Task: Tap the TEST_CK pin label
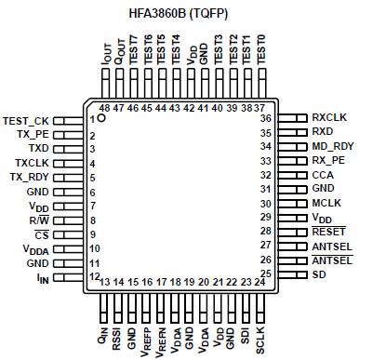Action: coord(26,120)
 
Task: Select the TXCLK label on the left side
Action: coord(32,162)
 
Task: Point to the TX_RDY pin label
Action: coord(29,176)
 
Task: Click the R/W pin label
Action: coord(39,220)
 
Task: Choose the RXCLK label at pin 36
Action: coord(330,117)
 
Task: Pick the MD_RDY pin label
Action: coord(332,146)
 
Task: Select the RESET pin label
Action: coord(328,231)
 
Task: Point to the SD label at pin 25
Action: coord(320,274)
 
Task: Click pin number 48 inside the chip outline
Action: coord(104,107)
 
